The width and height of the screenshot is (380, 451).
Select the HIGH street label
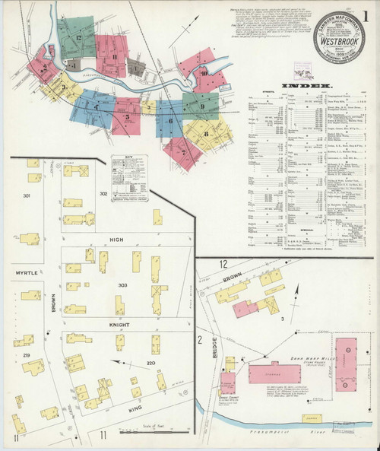(x=116, y=240)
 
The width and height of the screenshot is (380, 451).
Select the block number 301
(x=27, y=196)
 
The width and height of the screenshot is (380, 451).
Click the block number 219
(x=26, y=355)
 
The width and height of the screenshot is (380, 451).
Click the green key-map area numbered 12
(x=78, y=37)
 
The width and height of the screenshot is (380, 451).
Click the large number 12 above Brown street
(x=223, y=263)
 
